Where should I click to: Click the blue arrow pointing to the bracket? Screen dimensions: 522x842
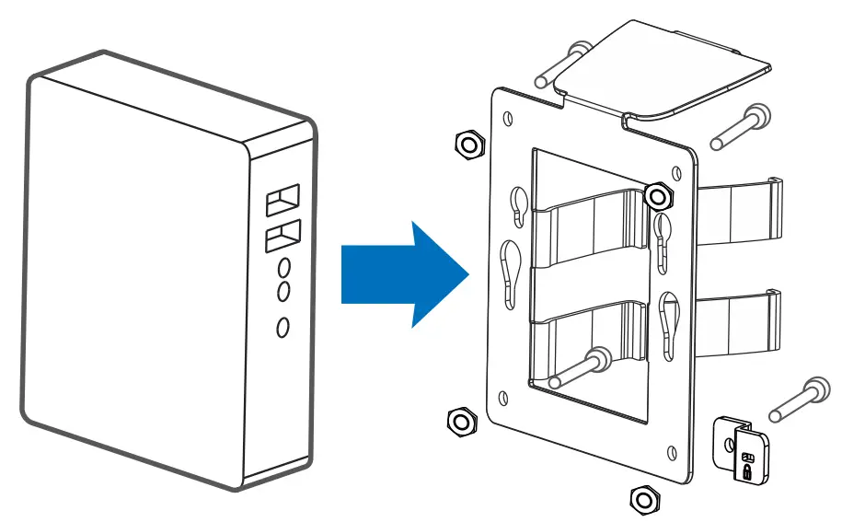[x=400, y=273]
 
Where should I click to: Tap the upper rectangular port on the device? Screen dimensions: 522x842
[x=283, y=199]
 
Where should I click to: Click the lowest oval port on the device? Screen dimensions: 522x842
[x=283, y=326]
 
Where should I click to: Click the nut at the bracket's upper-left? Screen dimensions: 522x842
[x=469, y=143]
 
